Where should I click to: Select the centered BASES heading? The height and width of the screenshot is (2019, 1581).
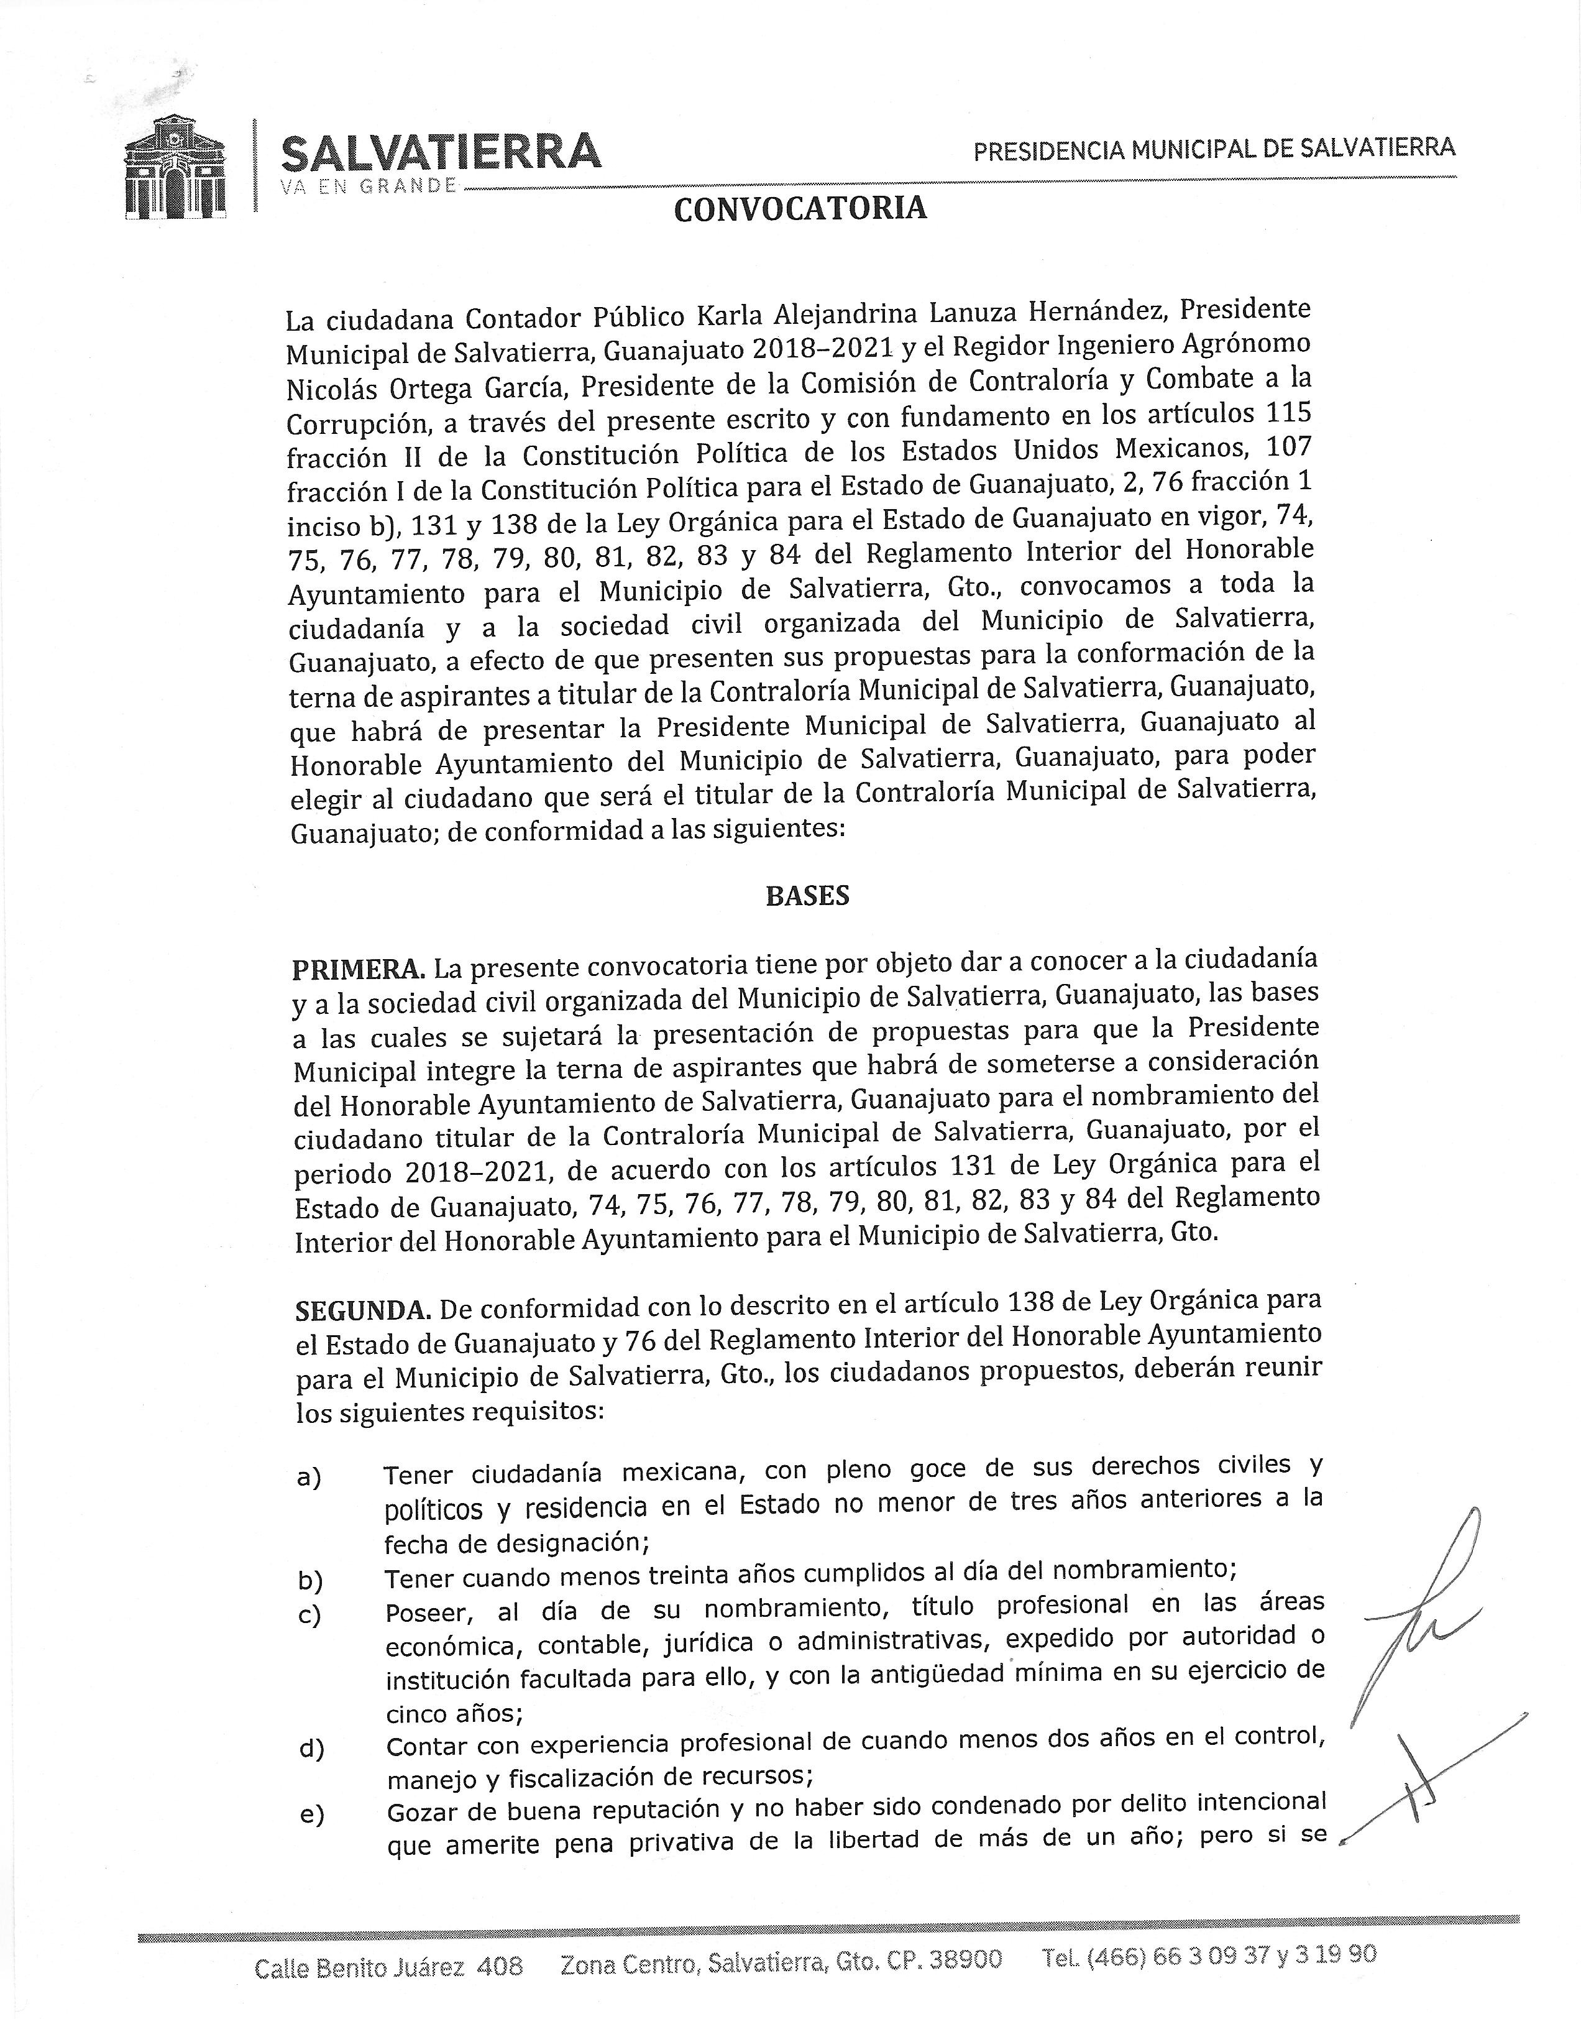click(x=807, y=896)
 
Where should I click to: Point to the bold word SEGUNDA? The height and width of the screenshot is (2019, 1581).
click(x=363, y=1311)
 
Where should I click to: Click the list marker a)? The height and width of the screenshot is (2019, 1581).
click(x=308, y=1478)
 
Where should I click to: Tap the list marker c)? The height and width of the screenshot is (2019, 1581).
click(x=308, y=1616)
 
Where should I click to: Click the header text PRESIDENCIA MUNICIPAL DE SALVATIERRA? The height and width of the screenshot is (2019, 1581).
click(x=1214, y=148)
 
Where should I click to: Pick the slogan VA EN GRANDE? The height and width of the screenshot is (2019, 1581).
click(x=369, y=185)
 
